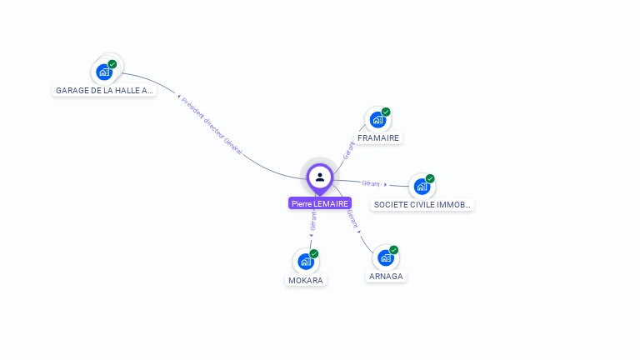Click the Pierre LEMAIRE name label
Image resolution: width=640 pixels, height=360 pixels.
[320, 203]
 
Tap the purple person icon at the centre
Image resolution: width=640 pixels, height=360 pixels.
[320, 177]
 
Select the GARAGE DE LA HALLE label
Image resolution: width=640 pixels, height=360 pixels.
[104, 90]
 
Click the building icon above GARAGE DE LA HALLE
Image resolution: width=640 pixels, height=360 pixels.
[104, 72]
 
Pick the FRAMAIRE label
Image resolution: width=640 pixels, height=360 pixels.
[378, 138]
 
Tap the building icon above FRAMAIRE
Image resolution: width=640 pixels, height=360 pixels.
[377, 120]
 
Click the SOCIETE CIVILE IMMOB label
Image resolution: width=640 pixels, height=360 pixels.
[422, 204]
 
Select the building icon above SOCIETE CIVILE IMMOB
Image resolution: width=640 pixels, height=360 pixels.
[422, 187]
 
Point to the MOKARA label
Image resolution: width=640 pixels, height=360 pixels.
[305, 281]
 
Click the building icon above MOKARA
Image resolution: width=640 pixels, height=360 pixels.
[306, 262]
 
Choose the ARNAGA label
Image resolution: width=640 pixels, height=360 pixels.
[386, 277]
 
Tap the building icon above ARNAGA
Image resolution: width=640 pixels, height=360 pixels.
[385, 258]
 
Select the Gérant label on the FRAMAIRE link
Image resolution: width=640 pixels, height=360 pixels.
[348, 150]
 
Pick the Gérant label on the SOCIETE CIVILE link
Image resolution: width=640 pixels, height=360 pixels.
[372, 182]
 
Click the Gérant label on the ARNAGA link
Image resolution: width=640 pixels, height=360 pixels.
[352, 218]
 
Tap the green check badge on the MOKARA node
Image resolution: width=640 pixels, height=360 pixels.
[314, 253]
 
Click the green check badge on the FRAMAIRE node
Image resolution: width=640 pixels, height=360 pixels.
[386, 112]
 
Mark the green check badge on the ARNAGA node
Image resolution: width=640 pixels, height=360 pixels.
[394, 250]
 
